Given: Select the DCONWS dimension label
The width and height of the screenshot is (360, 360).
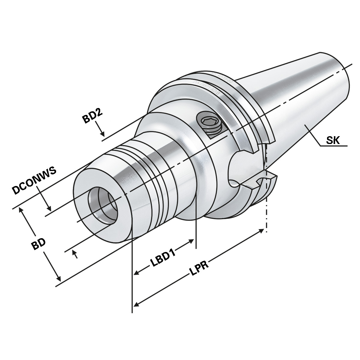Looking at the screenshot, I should (x=34, y=181).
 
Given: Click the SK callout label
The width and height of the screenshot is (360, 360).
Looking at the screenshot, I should (x=333, y=140).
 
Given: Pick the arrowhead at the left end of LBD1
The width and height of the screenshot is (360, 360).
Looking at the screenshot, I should (x=136, y=273).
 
